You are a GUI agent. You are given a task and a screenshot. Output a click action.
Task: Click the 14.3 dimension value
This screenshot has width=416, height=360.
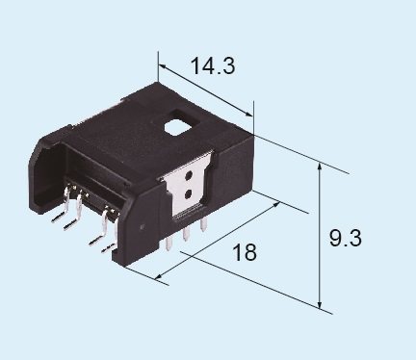[213, 66]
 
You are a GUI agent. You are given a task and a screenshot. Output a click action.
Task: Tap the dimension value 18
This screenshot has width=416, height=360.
[245, 253]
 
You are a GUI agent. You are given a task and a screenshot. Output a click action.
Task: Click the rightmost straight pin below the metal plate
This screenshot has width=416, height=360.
[205, 224]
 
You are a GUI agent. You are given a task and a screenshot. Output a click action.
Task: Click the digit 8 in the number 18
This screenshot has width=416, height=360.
[251, 253]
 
